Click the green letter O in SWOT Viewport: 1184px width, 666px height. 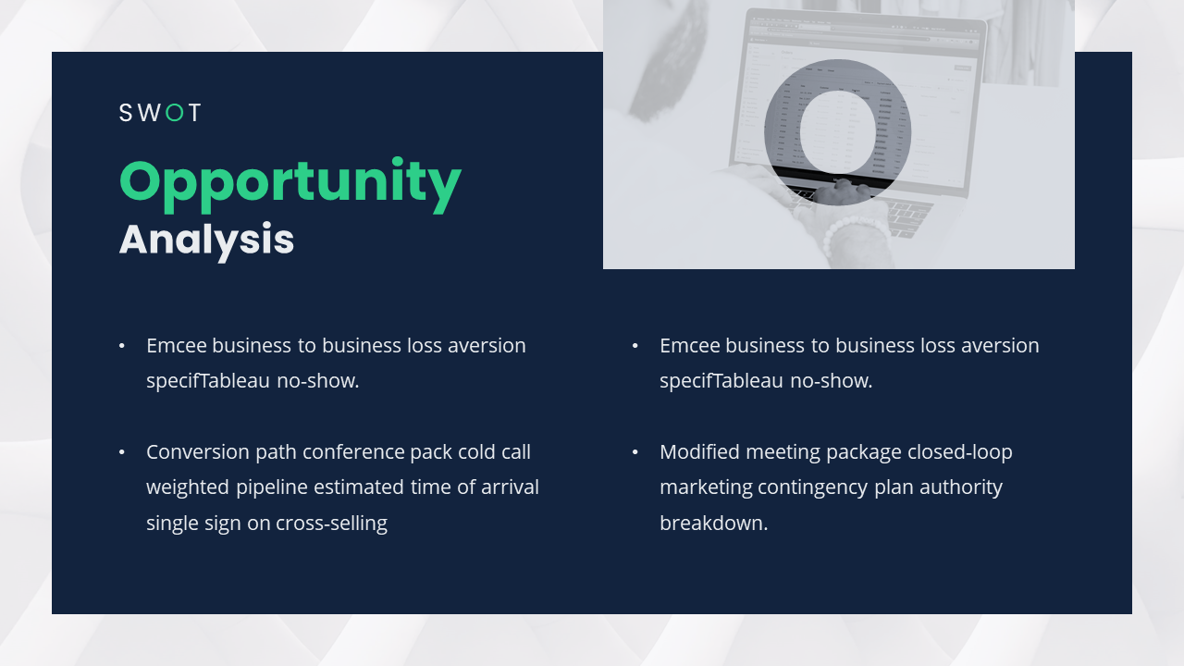click(174, 113)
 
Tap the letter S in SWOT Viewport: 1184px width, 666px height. click(127, 113)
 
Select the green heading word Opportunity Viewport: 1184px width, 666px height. click(290, 183)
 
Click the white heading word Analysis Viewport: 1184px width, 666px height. click(206, 240)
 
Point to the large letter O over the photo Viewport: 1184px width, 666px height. click(837, 131)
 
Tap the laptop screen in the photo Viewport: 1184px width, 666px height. click(860, 102)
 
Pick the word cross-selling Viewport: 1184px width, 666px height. click(331, 523)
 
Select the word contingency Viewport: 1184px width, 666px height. click(838, 487)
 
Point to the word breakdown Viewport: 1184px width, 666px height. click(713, 523)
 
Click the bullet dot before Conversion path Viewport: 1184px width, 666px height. click(122, 452)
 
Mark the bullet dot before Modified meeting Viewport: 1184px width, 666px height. click(635, 452)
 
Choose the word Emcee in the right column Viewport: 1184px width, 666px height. click(689, 346)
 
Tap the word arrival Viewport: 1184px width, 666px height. click(510, 487)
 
